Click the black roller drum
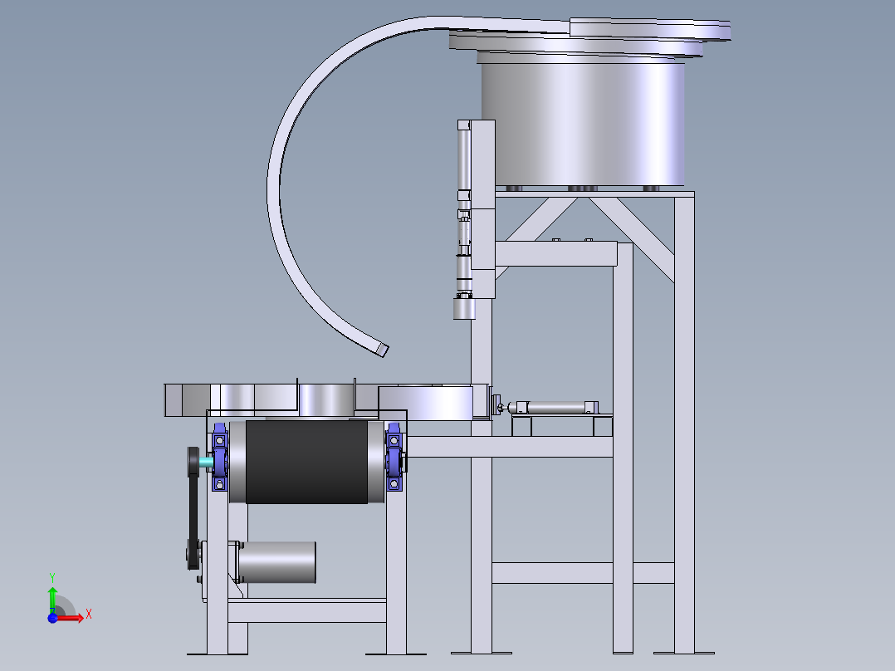point(306,462)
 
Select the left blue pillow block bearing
point(220,457)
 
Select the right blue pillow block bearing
point(394,457)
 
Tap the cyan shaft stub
point(205,461)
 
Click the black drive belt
point(193,508)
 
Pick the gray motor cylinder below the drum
point(276,562)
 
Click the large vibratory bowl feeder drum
point(583,124)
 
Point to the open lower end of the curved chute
point(383,350)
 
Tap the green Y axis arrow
point(52,599)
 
